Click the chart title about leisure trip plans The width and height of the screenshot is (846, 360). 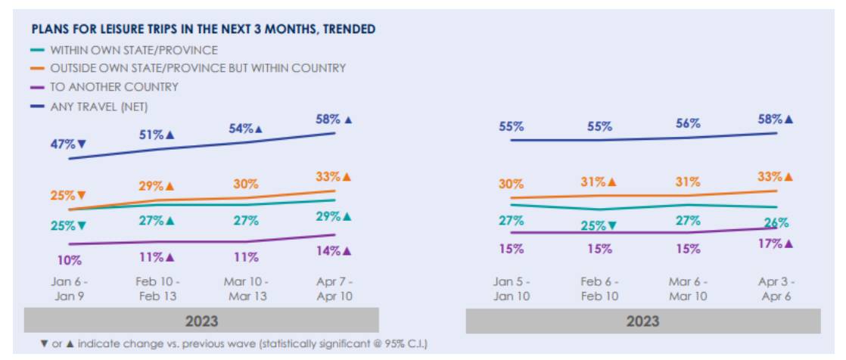(x=204, y=29)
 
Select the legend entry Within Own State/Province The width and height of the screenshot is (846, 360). (x=134, y=50)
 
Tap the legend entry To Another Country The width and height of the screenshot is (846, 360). (x=114, y=86)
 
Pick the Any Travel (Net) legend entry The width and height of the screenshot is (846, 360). (x=98, y=105)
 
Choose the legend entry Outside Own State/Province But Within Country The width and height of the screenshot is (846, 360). (x=198, y=68)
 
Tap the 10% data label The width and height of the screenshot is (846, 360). (x=69, y=260)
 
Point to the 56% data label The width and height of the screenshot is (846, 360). (x=688, y=123)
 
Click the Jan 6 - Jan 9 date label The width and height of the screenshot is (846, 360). (x=69, y=288)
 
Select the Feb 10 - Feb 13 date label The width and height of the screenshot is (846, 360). (x=158, y=288)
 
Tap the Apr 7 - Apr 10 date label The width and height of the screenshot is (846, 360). (x=334, y=288)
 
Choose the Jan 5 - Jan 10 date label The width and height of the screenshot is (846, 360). (x=512, y=288)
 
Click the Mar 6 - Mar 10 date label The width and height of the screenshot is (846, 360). (x=688, y=288)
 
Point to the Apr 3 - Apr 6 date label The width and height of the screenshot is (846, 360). (x=776, y=288)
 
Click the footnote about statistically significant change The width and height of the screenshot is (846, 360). (x=234, y=344)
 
